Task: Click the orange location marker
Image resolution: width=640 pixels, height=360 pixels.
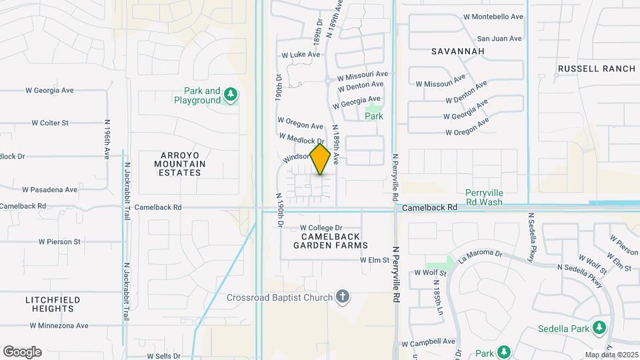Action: (321, 159)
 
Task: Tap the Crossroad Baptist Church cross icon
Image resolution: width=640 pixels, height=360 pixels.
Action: (343, 297)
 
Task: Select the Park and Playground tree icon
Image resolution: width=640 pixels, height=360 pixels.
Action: (231, 95)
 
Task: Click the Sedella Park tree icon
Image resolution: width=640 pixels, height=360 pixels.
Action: (599, 328)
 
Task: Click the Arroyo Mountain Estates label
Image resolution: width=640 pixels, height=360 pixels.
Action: (179, 163)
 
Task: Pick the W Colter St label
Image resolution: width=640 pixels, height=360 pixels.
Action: (50, 123)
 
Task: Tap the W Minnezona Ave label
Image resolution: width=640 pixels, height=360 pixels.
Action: (59, 326)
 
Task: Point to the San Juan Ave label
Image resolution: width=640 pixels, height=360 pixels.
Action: (499, 39)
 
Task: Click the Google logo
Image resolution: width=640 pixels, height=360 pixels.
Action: (22, 352)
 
